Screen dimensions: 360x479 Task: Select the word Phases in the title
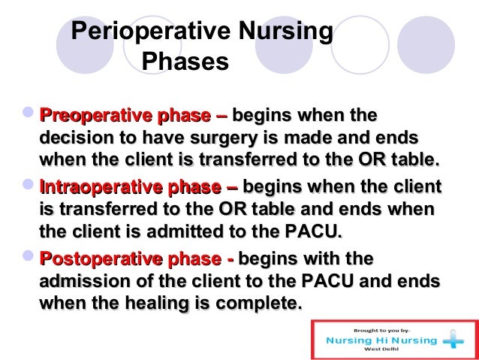185,62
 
